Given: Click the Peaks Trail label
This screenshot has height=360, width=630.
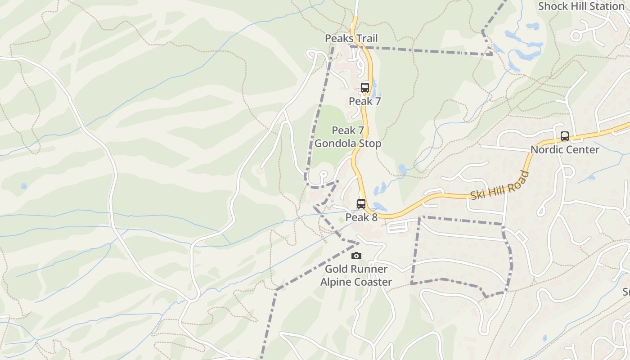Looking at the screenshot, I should [351, 38].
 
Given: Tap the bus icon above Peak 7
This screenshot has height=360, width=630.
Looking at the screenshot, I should [365, 87].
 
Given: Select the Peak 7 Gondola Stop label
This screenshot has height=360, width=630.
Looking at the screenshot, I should [348, 137].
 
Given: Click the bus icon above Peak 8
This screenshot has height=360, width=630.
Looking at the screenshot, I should [361, 203].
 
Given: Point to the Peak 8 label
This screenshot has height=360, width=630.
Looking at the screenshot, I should [361, 217].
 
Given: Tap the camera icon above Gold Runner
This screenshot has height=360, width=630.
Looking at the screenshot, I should [356, 256].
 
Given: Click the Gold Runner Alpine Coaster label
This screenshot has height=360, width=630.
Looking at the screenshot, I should [356, 275].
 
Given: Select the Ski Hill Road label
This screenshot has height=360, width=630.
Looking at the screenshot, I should [500, 186].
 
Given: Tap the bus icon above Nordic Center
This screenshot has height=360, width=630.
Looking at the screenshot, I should [565, 136].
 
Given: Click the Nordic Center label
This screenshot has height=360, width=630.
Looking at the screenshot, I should [565, 149].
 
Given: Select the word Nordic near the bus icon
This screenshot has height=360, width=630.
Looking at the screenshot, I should [546, 149].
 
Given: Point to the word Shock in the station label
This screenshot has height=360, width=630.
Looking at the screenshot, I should [552, 6].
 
